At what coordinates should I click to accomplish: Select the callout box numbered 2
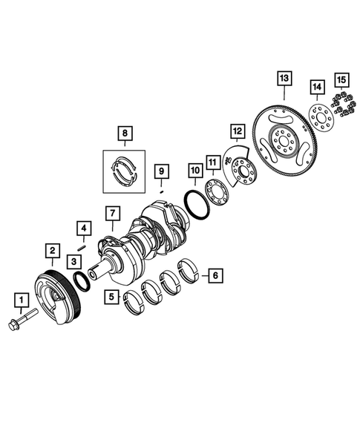click(x=52, y=251)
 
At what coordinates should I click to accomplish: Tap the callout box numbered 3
click(x=73, y=261)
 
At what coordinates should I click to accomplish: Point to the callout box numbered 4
click(x=84, y=228)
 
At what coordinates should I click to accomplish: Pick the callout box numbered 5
click(x=112, y=298)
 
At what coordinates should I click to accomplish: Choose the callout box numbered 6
click(x=215, y=275)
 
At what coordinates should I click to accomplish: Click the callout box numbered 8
click(x=125, y=134)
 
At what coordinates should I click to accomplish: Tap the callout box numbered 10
click(x=194, y=170)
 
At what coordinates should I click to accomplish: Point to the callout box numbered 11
click(x=212, y=162)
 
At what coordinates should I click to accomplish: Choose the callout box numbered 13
click(x=284, y=77)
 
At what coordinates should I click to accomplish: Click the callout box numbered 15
click(x=340, y=79)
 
